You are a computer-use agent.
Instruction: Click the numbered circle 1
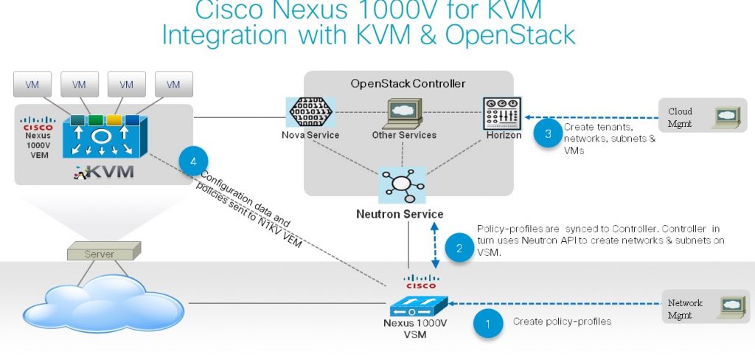click(x=487, y=323)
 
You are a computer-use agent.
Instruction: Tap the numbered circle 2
click(x=459, y=249)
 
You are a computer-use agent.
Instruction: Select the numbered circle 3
click(x=548, y=134)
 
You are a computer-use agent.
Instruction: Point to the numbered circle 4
click(x=193, y=161)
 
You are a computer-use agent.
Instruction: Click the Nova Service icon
click(x=310, y=114)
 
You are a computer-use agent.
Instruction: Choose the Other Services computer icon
click(x=403, y=113)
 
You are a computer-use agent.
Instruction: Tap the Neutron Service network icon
click(x=401, y=185)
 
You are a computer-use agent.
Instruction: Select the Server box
click(x=100, y=253)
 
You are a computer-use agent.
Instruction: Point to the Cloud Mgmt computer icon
click(x=728, y=117)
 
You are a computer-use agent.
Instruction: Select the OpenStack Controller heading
click(x=408, y=83)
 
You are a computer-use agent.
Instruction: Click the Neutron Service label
click(x=400, y=215)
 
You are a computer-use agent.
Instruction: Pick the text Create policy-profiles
click(x=562, y=322)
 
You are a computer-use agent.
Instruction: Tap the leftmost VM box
click(x=32, y=85)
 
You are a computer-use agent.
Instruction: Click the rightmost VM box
click(x=173, y=85)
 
